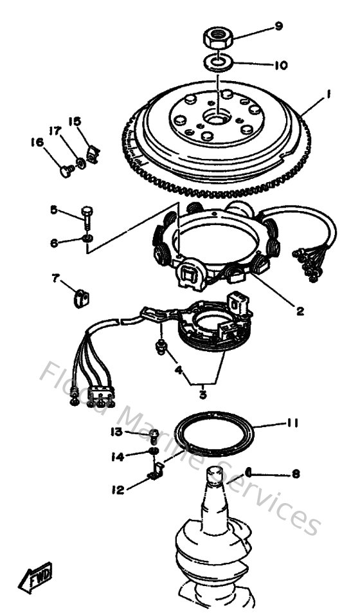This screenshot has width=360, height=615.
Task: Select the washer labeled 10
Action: click(x=218, y=63)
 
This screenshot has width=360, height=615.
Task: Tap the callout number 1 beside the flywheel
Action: click(x=328, y=94)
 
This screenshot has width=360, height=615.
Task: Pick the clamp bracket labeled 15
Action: click(x=94, y=154)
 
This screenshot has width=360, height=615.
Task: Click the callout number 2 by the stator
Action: click(x=300, y=311)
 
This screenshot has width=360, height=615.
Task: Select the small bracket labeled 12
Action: click(x=154, y=475)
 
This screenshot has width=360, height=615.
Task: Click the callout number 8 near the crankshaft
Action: click(x=296, y=474)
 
